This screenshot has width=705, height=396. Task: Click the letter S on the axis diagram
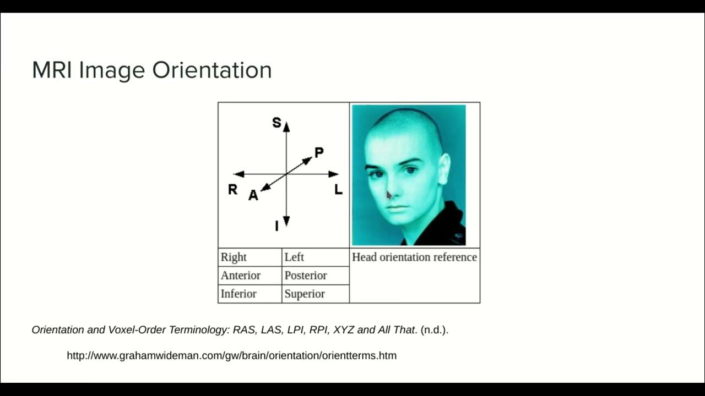[276, 123]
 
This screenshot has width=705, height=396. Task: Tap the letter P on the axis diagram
[319, 152]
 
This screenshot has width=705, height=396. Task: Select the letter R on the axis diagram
[232, 190]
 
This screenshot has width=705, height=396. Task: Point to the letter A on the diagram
[253, 195]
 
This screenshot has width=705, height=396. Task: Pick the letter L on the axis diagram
[338, 190]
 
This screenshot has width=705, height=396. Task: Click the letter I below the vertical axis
[276, 226]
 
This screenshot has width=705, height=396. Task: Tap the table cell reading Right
[234, 257]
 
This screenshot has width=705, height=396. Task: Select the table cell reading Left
[294, 257]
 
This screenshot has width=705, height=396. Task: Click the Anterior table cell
[241, 276]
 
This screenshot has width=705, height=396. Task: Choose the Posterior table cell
[306, 276]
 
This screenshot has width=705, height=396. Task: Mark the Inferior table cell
[238, 294]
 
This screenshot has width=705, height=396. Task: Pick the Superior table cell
[305, 294]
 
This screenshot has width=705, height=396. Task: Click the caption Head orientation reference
[414, 257]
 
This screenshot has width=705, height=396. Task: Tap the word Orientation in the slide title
[212, 70]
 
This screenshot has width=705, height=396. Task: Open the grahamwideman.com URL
[231, 355]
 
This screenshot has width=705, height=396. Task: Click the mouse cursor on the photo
[388, 195]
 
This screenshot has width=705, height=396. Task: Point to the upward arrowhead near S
[286, 127]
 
